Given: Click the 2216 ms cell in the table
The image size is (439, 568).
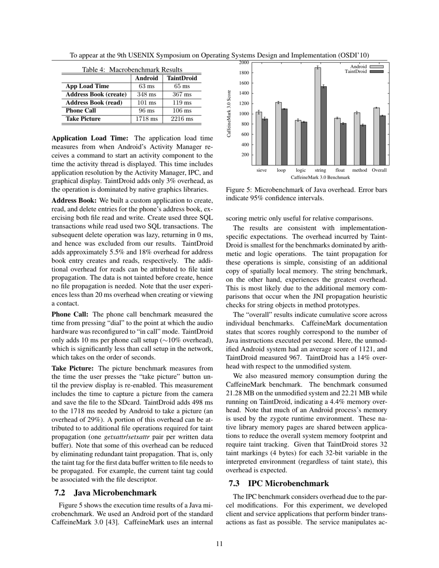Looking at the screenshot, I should pos(182,119).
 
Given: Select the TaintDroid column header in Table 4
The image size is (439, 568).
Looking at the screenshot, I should pos(182,79).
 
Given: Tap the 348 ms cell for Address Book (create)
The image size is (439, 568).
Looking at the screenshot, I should pos(147,95).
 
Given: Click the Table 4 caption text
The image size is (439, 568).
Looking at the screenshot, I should pos(132,69).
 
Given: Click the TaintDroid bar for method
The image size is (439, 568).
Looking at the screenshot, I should pos(363,145).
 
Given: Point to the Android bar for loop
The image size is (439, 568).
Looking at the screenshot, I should pos(278,133).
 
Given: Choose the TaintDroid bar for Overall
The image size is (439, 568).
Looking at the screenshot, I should pos(382,140).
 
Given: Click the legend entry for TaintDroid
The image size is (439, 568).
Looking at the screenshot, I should pos(365,72).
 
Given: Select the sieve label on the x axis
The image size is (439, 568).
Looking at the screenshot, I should pos(262,170).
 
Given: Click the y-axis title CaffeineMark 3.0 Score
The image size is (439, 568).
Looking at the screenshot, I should pos(229,114).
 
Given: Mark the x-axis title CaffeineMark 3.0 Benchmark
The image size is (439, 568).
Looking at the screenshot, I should pos(320,177).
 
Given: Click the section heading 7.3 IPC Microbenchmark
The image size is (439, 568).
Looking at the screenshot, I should pos(279,483).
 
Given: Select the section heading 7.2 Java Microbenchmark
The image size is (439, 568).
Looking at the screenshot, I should pos(105,492).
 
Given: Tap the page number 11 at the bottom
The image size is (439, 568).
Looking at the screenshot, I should pos(219,544).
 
